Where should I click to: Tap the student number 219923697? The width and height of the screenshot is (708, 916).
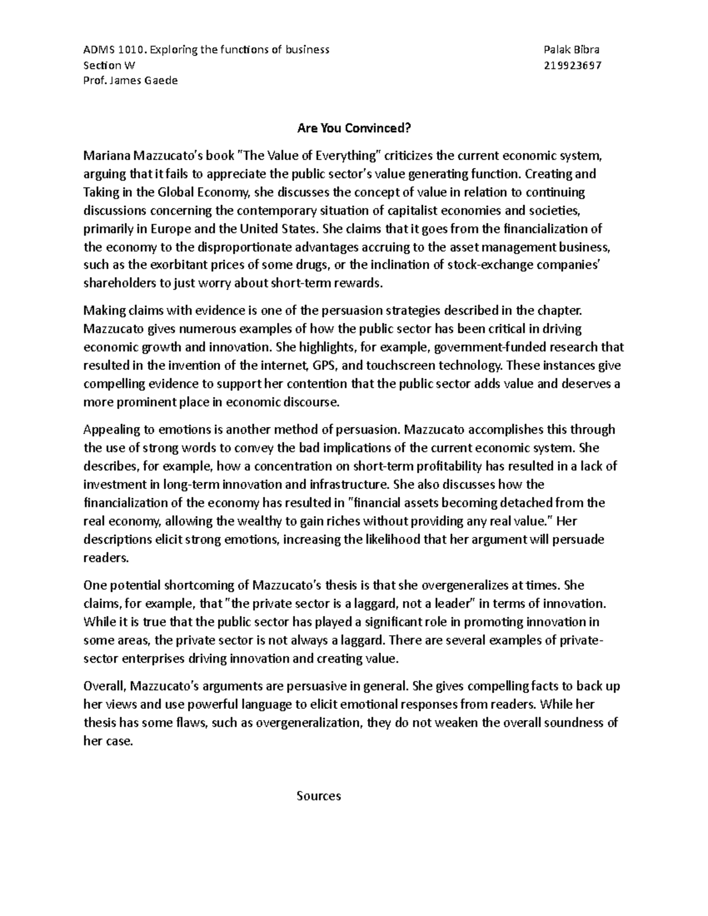[x=572, y=65]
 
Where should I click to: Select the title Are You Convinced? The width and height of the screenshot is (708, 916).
[x=353, y=128]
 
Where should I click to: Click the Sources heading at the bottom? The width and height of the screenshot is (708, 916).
[x=319, y=796]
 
